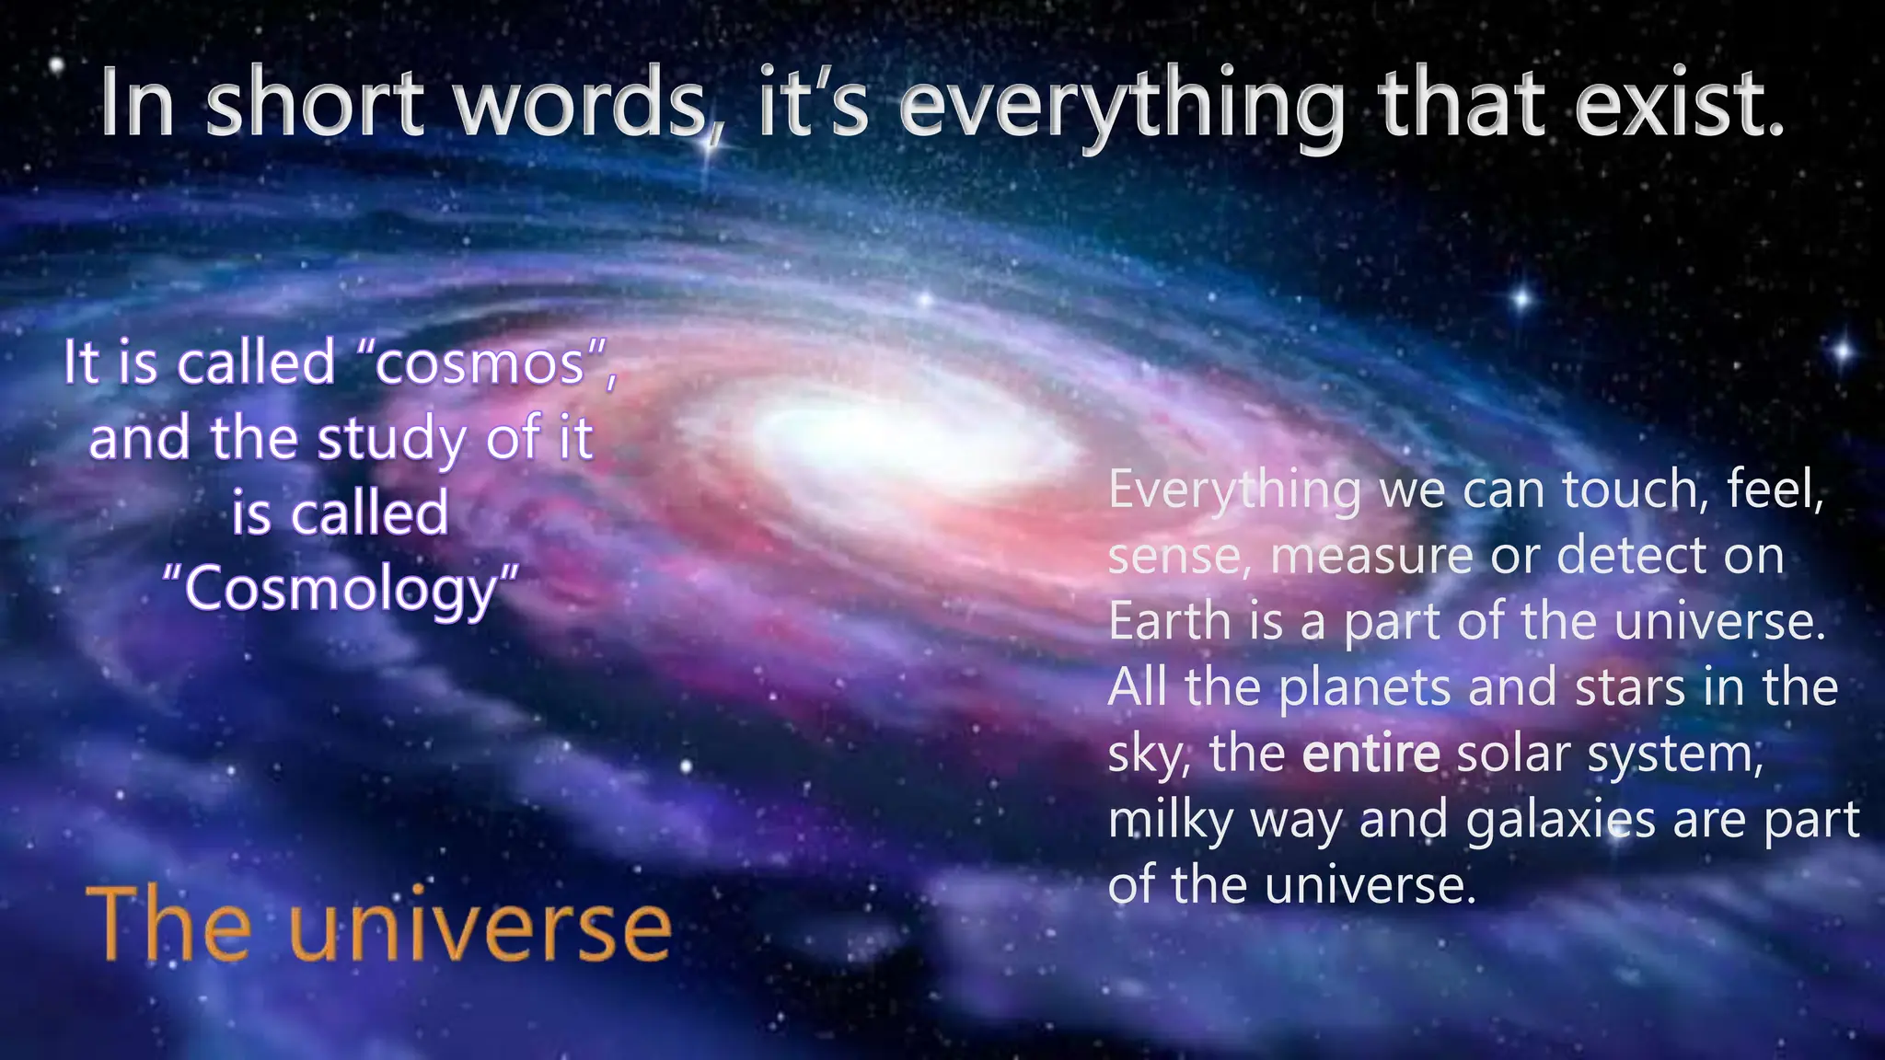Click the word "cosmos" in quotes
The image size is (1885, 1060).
tap(480, 363)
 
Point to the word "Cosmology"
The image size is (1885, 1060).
tap(341, 590)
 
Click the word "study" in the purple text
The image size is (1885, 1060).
tap(392, 439)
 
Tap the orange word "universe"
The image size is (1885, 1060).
tap(480, 927)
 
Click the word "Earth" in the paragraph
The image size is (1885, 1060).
tap(1169, 621)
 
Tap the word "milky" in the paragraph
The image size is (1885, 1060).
tap(1170, 819)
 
